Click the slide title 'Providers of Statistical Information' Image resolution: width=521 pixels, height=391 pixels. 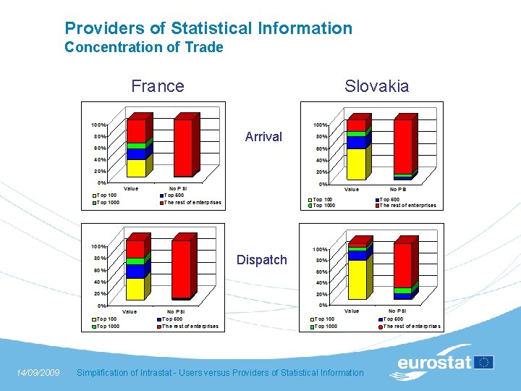tap(208, 28)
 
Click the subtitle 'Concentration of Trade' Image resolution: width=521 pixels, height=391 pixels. tap(143, 48)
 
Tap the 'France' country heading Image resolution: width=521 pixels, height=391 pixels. tap(158, 86)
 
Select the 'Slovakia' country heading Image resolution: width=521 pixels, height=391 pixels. tap(376, 86)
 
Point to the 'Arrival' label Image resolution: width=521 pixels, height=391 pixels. tap(263, 136)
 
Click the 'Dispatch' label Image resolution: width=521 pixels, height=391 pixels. tap(262, 260)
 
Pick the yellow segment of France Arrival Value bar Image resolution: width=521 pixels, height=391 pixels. tap(136, 168)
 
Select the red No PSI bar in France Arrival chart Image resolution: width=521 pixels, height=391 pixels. tap(182, 148)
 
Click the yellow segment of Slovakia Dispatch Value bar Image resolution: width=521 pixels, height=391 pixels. tap(357, 279)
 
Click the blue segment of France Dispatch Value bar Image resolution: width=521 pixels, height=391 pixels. tap(135, 271)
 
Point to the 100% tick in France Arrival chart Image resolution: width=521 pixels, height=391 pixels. tap(99, 125)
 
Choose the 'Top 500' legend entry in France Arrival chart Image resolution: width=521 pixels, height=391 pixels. tap(174, 195)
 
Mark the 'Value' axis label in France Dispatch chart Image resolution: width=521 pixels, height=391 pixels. tap(129, 311)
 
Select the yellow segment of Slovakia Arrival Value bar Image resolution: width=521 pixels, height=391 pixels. tap(356, 164)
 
